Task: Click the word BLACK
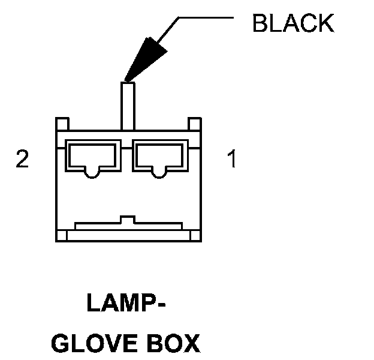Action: pos(292,23)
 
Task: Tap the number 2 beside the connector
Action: pos(22,160)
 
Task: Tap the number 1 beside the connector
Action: pos(231,160)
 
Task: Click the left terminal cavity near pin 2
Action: pos(91,157)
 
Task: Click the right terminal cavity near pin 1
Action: pos(159,157)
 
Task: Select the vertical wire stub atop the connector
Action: pos(128,105)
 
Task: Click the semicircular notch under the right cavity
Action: pos(159,174)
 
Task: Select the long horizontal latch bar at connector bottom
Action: pos(128,226)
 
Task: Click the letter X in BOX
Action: pos(189,344)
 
